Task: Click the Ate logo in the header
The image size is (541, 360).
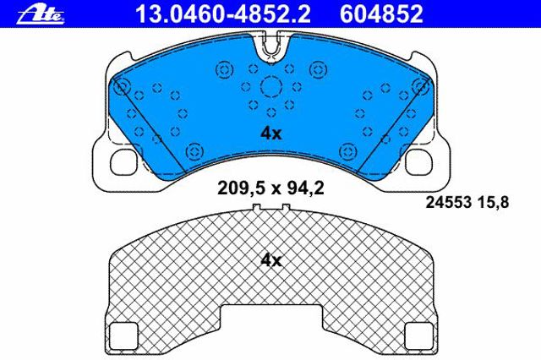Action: (x=41, y=15)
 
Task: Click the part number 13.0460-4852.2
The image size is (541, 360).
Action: (x=223, y=14)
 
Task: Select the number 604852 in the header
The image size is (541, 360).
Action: (x=381, y=14)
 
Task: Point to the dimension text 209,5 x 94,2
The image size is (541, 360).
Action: (x=270, y=188)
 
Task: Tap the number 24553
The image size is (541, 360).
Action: (x=449, y=203)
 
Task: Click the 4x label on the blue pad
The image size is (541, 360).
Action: (x=270, y=134)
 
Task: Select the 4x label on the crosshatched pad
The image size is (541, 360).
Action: (x=270, y=260)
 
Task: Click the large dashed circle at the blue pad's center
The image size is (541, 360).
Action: (x=271, y=87)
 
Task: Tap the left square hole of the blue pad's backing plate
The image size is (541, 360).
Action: (x=123, y=161)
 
